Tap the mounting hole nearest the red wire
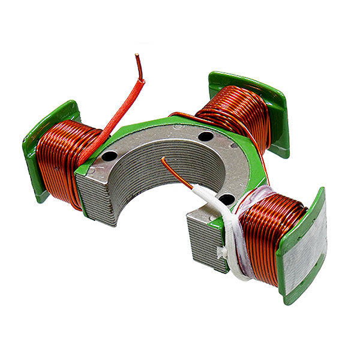tap(109, 156)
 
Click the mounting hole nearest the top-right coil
tap(205, 136)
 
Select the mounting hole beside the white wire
tap(226, 199)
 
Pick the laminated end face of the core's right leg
tap(201, 240)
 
